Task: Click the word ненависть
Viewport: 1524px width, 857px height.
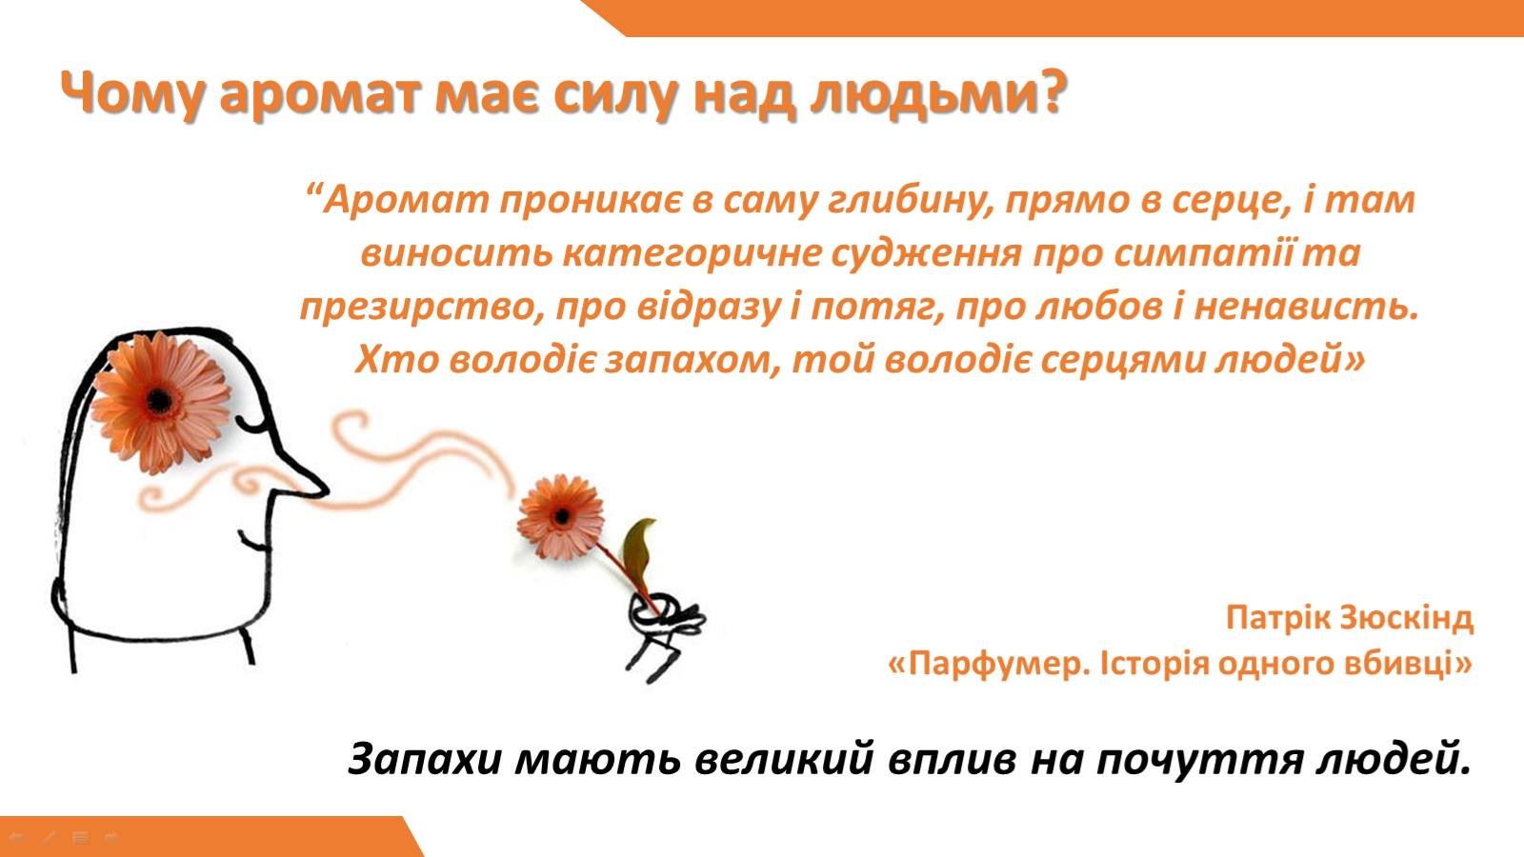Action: [x=1306, y=307]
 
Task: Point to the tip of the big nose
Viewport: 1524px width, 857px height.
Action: [x=327, y=489]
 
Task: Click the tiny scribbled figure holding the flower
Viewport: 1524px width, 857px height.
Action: [x=663, y=632]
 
